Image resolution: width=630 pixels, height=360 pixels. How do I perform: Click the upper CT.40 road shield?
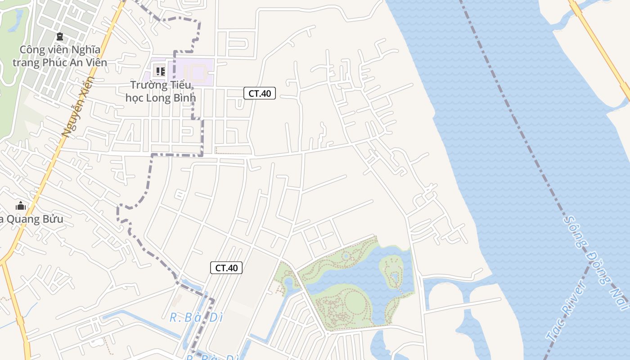(260, 93)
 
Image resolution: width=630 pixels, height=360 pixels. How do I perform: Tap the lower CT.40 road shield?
(226, 268)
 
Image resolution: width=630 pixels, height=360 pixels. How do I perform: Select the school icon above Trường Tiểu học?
(160, 71)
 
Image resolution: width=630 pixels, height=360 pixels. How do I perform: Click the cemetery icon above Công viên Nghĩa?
(59, 36)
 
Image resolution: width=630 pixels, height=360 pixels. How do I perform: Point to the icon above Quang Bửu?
(21, 206)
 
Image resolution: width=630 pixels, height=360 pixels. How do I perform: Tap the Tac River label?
(566, 310)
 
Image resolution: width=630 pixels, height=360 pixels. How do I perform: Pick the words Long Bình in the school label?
(174, 98)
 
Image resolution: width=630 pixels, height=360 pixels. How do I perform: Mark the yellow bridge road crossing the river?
(603, 49)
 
